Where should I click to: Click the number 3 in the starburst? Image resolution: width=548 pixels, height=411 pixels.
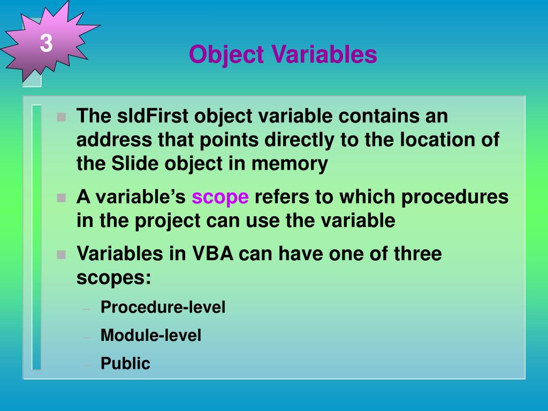tap(46, 43)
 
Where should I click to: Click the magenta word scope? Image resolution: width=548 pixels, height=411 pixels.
tap(220, 197)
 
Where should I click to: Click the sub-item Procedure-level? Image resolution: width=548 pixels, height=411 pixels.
tap(163, 307)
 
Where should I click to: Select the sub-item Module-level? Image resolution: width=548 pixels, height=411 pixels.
tap(151, 336)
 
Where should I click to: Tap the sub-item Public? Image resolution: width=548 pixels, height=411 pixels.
tap(125, 364)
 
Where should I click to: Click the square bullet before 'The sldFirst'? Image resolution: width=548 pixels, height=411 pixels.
tap(62, 117)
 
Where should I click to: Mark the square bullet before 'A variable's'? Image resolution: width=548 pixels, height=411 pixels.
tap(62, 198)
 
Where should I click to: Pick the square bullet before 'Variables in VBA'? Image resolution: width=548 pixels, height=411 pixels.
tap(62, 254)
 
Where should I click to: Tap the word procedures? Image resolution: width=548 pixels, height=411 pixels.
tap(455, 197)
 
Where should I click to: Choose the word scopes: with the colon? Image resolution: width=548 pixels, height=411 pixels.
tap(114, 278)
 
